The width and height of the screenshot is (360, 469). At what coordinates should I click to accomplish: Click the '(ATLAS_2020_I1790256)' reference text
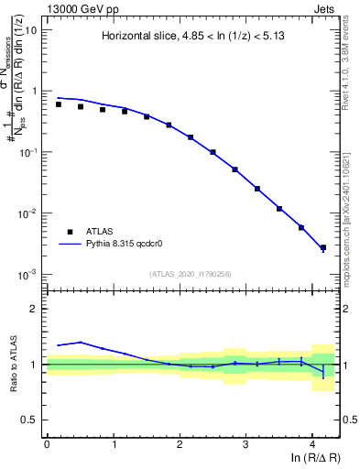[191, 273]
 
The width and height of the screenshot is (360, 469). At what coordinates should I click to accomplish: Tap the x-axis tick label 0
[47, 444]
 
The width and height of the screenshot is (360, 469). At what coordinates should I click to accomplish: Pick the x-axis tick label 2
[180, 444]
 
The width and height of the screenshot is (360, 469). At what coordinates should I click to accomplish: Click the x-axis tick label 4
[312, 444]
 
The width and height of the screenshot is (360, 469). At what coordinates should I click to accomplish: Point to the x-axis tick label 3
[245, 444]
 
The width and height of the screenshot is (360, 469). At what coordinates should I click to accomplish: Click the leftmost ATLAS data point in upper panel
[59, 104]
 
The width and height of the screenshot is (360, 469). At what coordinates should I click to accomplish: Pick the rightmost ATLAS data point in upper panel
[322, 247]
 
